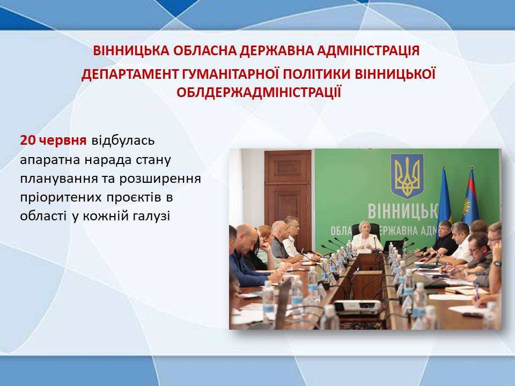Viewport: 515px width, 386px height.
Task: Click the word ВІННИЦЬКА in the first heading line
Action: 131,50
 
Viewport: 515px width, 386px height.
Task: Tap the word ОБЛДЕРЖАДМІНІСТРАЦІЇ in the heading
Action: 259,92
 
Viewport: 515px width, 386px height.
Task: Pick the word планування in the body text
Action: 58,179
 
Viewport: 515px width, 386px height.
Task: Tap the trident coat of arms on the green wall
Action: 407,176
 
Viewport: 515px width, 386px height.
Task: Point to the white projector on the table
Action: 357,307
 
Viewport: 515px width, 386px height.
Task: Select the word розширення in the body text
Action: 160,179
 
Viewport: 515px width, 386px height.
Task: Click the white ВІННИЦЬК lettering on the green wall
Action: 403,211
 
